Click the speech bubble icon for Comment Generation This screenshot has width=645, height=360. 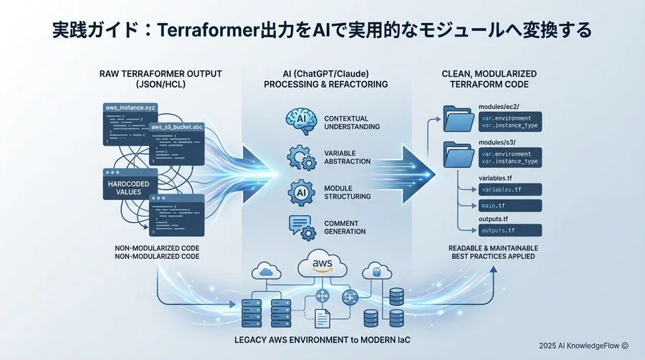click(x=300, y=227)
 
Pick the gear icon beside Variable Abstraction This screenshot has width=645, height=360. click(x=299, y=157)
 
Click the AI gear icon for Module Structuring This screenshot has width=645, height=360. click(x=299, y=191)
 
